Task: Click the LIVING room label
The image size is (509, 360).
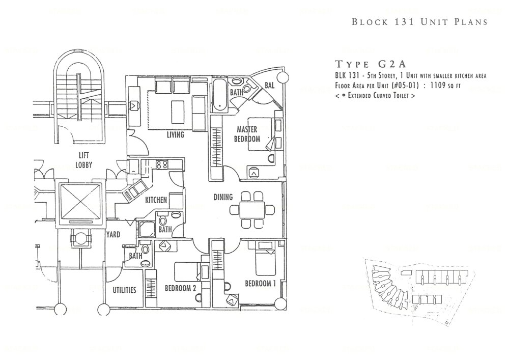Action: (175, 135)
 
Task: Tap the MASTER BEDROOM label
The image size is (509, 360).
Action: (247, 134)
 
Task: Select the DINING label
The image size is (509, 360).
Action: (223, 197)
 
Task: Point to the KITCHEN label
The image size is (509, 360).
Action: (156, 200)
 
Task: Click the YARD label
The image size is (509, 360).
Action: (112, 235)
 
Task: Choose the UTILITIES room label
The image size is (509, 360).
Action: (124, 290)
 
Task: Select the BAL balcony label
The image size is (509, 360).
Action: (270, 86)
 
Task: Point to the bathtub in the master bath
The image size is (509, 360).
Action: (218, 95)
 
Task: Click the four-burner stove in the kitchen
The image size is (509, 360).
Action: (162, 164)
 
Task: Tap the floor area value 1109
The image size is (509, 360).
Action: (451, 86)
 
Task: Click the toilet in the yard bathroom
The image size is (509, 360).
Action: (145, 251)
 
